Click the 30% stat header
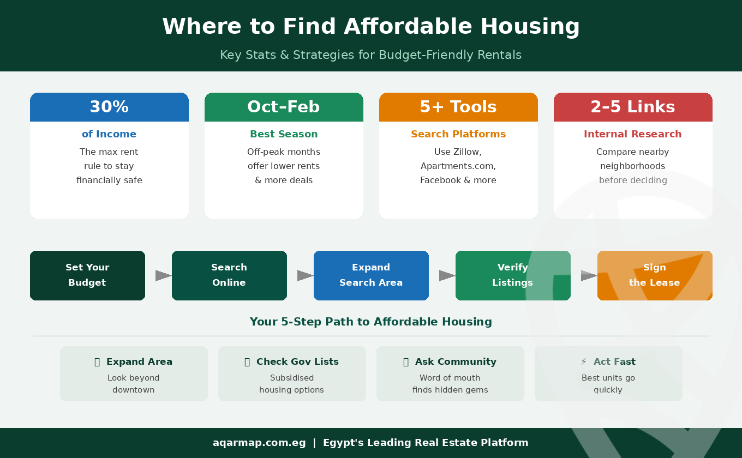pos(109,107)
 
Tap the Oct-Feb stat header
pos(284,107)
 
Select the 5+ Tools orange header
pos(458,107)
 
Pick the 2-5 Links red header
pos(633,107)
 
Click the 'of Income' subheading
pos(109,134)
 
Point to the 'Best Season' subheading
pos(284,134)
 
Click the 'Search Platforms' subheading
pos(458,134)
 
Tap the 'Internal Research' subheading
pos(633,134)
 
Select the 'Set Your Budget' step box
pos(87,275)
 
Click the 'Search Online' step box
pos(229,275)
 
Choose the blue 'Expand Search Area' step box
pos(371,275)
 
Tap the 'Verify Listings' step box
pos(513,275)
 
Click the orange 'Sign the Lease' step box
pos(655,275)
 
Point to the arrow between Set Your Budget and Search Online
pos(163,275)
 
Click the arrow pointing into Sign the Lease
pos(589,275)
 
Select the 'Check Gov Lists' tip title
pos(297,361)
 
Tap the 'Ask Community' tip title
pos(456,361)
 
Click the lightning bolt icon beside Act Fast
pos(584,361)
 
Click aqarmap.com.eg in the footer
pos(259,443)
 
